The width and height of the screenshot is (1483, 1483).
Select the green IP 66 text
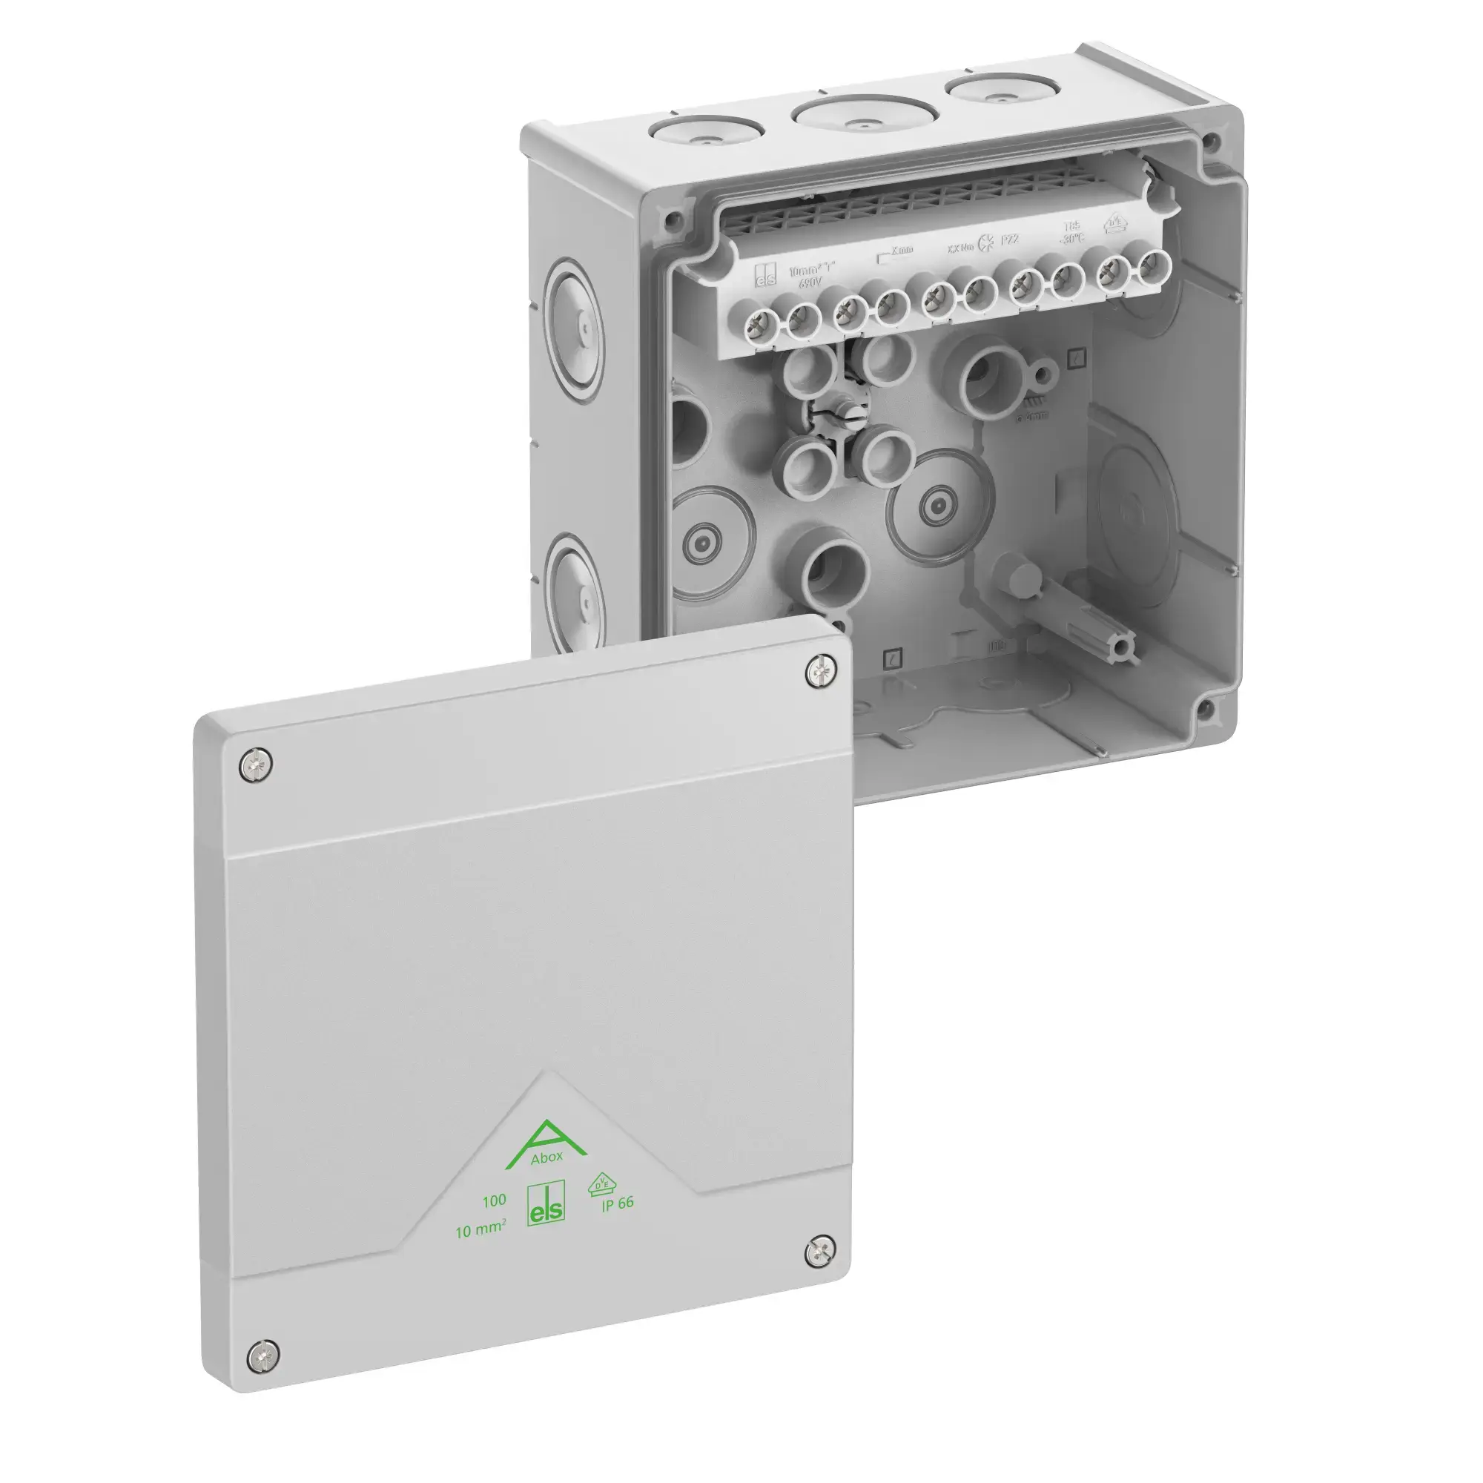[617, 1203]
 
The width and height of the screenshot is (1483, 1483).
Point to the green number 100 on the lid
[494, 1200]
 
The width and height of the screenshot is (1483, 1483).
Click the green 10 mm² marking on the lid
[480, 1230]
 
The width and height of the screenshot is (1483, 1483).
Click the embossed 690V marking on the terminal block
[809, 283]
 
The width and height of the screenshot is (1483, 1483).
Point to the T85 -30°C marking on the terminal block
[1071, 232]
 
